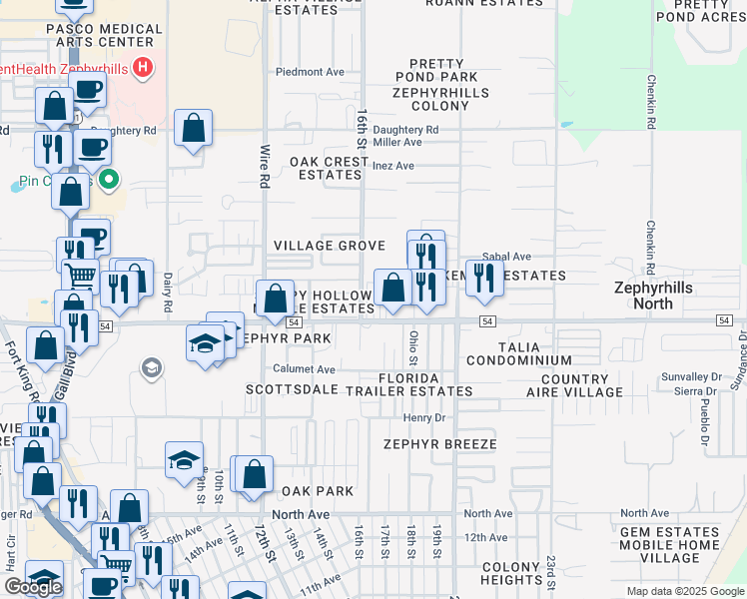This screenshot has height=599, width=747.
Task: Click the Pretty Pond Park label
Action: pyautogui.click(x=435, y=71)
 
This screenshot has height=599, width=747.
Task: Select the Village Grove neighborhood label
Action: pyautogui.click(x=330, y=246)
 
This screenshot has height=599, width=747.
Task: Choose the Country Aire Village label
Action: pyautogui.click(x=574, y=386)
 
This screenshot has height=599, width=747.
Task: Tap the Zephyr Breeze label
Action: pyautogui.click(x=445, y=443)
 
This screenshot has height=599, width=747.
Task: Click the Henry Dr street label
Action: pyautogui.click(x=423, y=417)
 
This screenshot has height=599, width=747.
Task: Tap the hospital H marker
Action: pyautogui.click(x=143, y=69)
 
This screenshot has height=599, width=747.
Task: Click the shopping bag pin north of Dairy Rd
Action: pyautogui.click(x=194, y=129)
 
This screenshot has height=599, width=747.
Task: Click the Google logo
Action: pyautogui.click(x=33, y=587)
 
